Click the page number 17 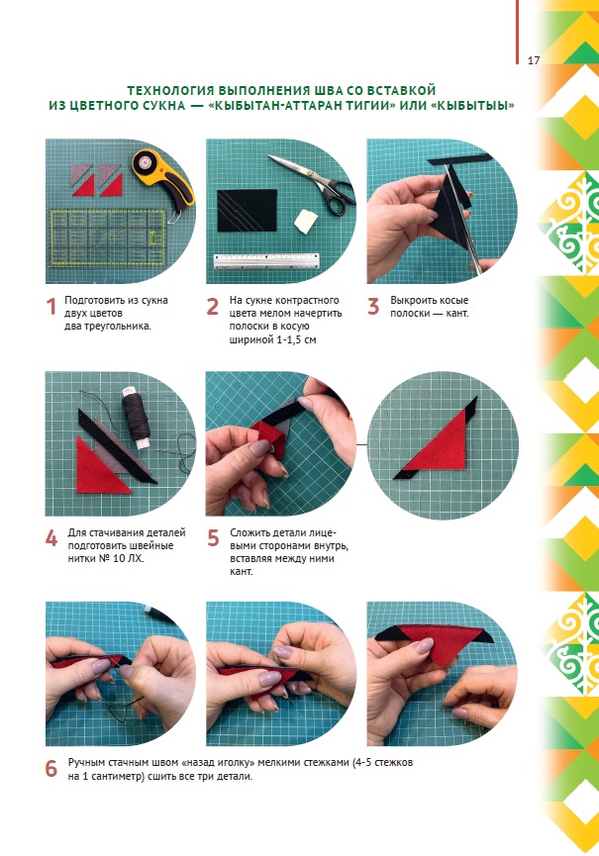[534, 60]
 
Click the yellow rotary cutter [163, 180]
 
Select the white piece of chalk [306, 221]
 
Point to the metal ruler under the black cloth [266, 260]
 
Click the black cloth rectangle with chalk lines [247, 210]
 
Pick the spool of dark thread [136, 416]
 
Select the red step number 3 [373, 306]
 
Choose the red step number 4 [51, 538]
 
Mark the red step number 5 [213, 538]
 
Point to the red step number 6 [51, 769]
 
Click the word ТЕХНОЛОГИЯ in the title [170, 91]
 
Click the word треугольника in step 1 [120, 327]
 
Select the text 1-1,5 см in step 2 [294, 339]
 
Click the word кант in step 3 [457, 314]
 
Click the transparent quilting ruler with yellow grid [108, 238]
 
